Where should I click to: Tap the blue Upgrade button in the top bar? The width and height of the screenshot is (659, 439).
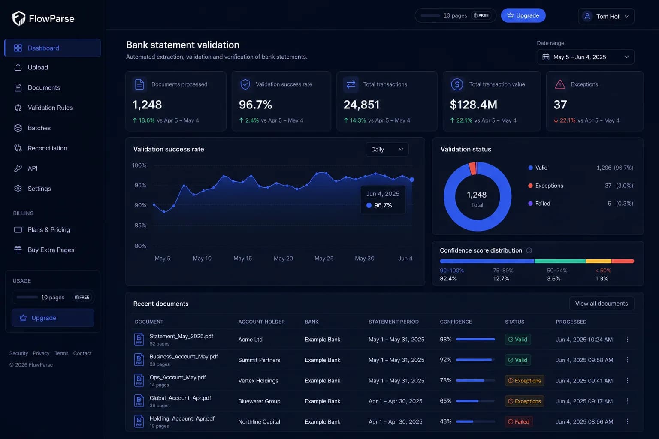point(523,15)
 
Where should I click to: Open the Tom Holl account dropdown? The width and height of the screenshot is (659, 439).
point(606,16)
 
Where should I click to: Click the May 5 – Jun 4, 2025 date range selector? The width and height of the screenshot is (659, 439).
point(586,57)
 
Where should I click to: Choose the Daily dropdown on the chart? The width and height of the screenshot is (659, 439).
point(387,149)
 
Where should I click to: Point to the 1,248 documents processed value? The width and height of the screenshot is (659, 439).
point(147,105)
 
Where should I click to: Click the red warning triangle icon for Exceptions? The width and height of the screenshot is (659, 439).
point(560,84)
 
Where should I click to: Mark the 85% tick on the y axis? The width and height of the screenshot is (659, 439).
point(140,225)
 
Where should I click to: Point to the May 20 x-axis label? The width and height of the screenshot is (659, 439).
point(283,258)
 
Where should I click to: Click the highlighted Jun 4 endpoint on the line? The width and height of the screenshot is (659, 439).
point(412,179)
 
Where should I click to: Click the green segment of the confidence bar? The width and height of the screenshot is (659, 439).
point(560,261)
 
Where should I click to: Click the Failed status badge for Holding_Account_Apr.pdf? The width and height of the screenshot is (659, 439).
point(519,422)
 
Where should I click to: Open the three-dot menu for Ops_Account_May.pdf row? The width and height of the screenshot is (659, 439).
point(628,381)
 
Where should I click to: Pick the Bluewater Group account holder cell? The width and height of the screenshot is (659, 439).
point(259,401)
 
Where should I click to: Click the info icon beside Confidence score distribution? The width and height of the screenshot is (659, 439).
point(529,250)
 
